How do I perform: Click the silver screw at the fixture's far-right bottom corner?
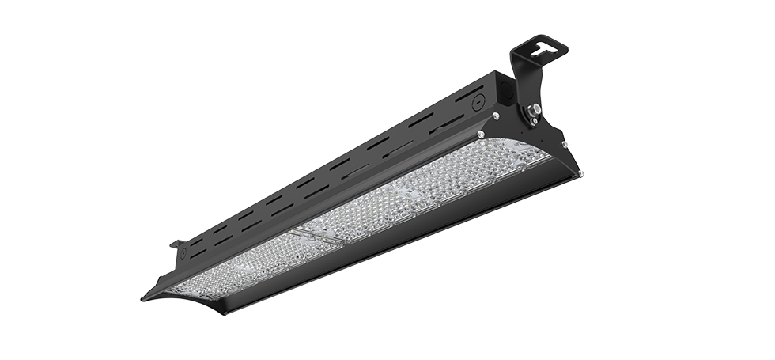point(581,176)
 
